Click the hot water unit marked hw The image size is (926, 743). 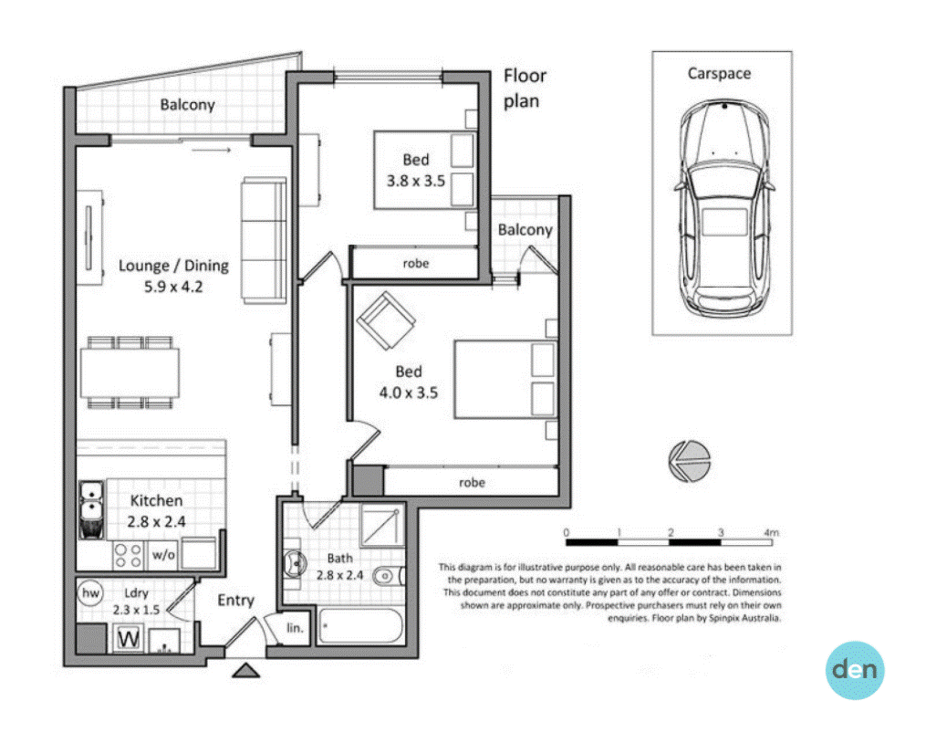[x=90, y=592]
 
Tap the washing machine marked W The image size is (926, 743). [x=128, y=639]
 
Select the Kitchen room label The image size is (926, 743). [x=156, y=500]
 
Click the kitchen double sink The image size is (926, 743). [x=91, y=509]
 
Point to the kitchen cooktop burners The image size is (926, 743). [x=128, y=556]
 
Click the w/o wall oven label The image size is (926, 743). [x=163, y=554]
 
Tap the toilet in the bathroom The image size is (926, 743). [x=389, y=575]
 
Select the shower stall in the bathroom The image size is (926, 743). [x=382, y=525]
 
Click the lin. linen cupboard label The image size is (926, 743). [x=295, y=628]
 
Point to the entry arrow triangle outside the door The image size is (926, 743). [x=245, y=670]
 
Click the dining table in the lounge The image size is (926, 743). [x=130, y=372]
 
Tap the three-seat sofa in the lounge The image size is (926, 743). [x=264, y=241]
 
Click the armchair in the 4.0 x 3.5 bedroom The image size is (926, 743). [x=386, y=321]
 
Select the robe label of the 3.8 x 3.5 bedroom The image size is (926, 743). [x=416, y=263]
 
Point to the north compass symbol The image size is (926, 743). [x=689, y=461]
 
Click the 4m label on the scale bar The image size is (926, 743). [x=771, y=532]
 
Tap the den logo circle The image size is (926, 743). [x=855, y=670]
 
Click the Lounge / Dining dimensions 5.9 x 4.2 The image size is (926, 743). [x=173, y=287]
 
